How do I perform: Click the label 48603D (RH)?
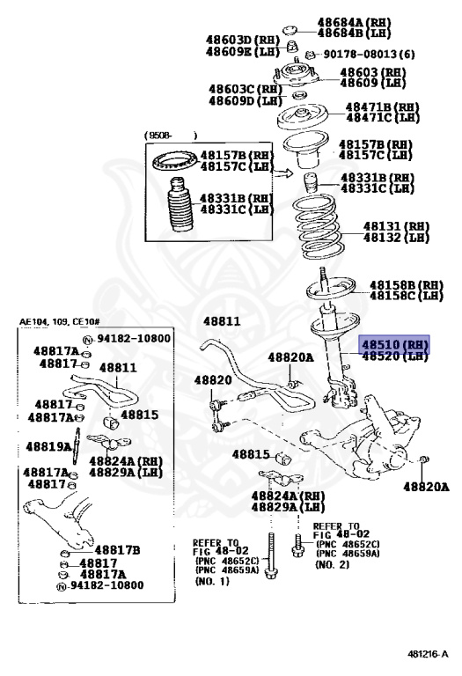(241, 40)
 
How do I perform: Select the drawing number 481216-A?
(428, 654)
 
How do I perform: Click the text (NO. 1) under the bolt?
(213, 582)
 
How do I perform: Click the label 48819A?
(48, 446)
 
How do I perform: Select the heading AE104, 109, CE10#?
(59, 322)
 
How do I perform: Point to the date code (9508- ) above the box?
(170, 135)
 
